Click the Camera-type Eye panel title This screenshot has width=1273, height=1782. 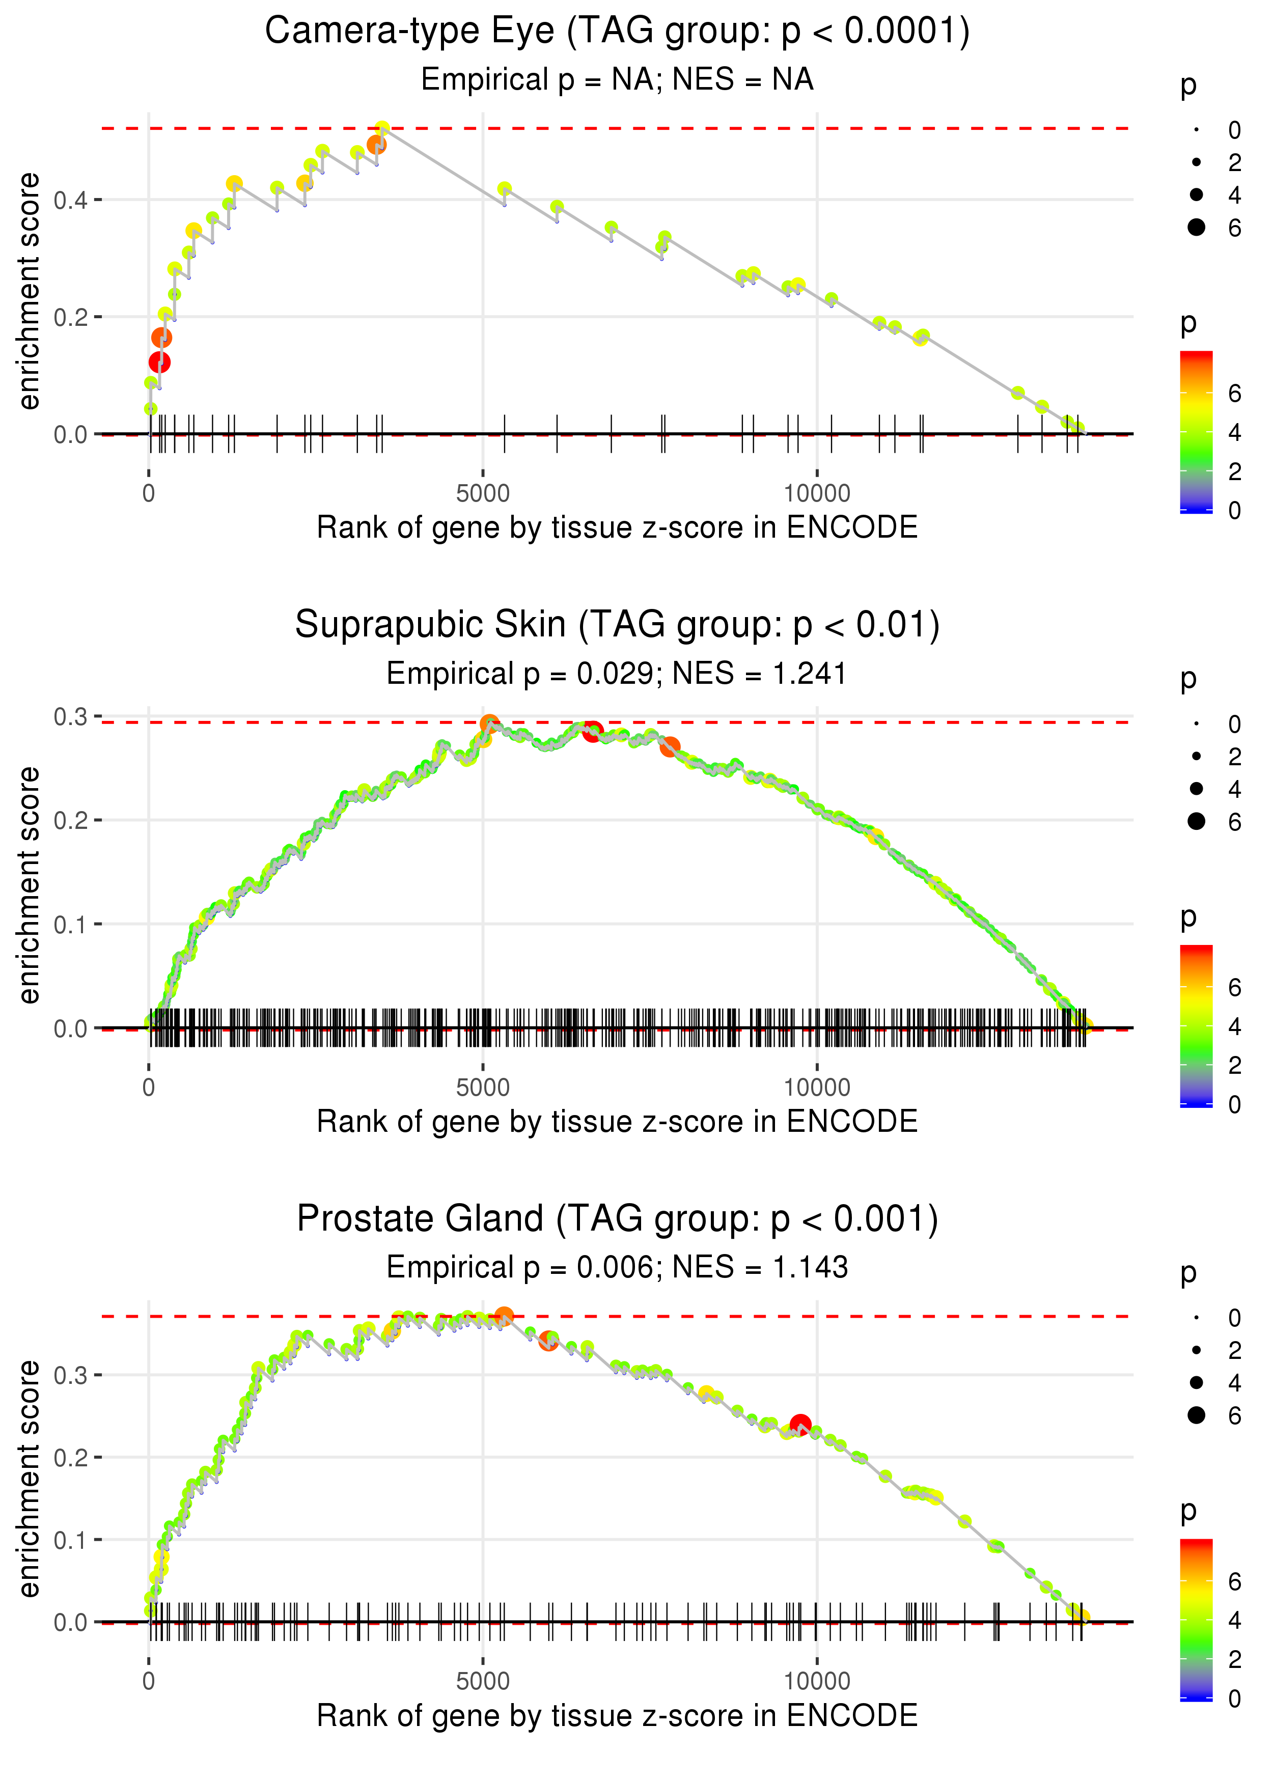click(x=617, y=32)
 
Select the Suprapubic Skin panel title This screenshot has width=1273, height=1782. click(x=617, y=625)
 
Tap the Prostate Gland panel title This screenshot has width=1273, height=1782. click(x=617, y=1218)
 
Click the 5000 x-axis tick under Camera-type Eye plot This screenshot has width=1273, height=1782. click(x=483, y=494)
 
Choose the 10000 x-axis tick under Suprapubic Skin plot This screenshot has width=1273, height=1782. click(x=817, y=1088)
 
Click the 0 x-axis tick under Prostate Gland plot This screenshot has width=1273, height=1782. click(x=149, y=1681)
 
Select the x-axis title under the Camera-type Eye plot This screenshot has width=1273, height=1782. click(x=617, y=527)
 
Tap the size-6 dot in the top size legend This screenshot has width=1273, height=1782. click(x=1196, y=227)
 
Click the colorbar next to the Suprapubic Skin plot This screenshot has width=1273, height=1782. click(x=1196, y=1026)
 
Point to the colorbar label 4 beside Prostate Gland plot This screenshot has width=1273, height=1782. click(x=1235, y=1620)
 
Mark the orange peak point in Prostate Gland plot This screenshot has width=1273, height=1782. click(x=504, y=1316)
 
